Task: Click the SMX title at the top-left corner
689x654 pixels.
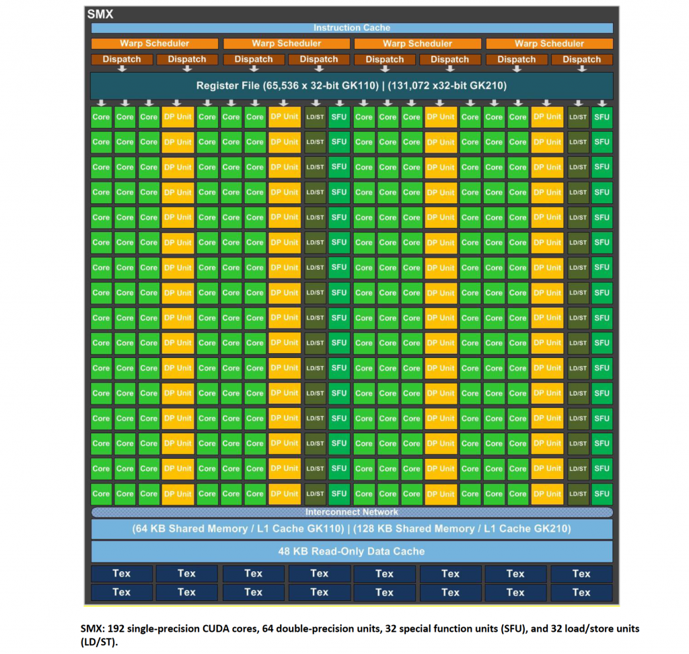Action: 100,14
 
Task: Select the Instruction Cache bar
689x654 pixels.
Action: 351,28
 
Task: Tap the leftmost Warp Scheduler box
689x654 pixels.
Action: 154,44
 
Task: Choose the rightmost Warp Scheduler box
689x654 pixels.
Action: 549,44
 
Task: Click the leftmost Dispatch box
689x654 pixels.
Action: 122,59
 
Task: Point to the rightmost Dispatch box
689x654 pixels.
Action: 582,59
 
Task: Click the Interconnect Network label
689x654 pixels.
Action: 351,512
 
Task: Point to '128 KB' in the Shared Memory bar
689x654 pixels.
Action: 371,529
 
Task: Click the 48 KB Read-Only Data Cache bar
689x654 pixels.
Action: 351,552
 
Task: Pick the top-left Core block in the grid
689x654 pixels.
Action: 101,117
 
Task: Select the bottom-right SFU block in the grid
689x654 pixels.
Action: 602,494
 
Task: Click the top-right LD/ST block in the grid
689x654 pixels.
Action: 578,117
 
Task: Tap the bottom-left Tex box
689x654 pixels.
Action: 122,593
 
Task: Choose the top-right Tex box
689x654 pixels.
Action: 582,573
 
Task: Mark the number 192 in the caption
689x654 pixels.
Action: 116,629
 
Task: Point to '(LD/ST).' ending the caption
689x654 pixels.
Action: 100,642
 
